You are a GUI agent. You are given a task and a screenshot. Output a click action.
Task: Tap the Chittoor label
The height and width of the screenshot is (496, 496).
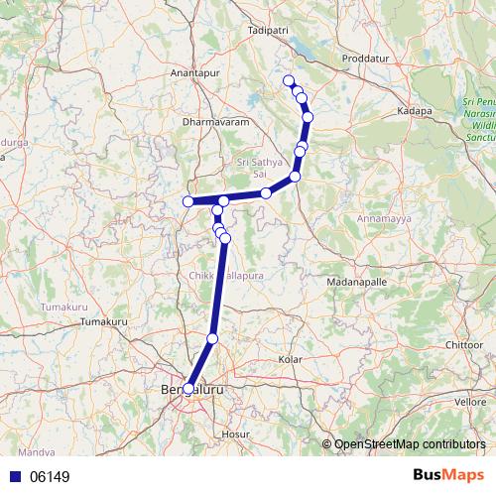pos(465,344)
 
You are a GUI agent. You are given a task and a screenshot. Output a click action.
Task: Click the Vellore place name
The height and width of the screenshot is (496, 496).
pos(469,402)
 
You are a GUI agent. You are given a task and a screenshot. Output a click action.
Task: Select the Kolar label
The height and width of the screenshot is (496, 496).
pos(290,358)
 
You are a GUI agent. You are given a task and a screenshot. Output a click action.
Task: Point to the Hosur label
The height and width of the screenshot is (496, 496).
pos(236,434)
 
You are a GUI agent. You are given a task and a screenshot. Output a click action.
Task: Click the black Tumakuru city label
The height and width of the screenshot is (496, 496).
pos(105,323)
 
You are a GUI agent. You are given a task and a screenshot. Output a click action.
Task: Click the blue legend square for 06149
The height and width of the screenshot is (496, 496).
pos(14,477)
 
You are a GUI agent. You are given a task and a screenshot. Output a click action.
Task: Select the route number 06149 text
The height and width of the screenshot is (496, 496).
pos(50,477)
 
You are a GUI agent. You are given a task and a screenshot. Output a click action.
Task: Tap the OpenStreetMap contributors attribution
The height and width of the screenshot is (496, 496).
pos(410,445)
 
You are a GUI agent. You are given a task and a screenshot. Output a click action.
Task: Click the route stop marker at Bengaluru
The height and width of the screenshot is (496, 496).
pos(188,389)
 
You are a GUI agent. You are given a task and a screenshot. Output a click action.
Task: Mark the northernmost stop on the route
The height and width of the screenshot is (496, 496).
pos(289,80)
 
